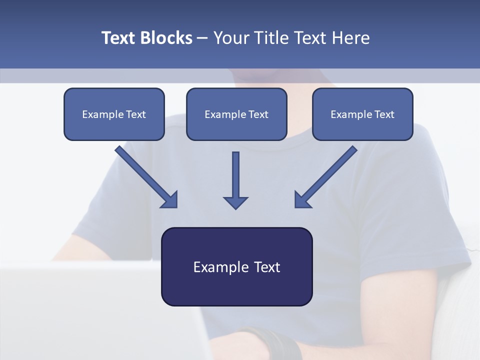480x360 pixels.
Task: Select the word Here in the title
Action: tap(350, 38)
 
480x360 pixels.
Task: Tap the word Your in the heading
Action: tap(232, 38)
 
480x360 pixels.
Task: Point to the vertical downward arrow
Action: tap(235, 175)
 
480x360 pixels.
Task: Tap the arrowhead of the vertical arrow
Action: tap(235, 202)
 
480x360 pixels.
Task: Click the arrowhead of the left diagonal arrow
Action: tap(170, 200)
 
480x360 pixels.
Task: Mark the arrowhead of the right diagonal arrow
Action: tap(302, 200)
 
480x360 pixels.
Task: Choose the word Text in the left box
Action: tap(136, 114)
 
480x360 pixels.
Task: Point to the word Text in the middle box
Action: tap(258, 114)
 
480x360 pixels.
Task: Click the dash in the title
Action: tap(203, 38)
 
